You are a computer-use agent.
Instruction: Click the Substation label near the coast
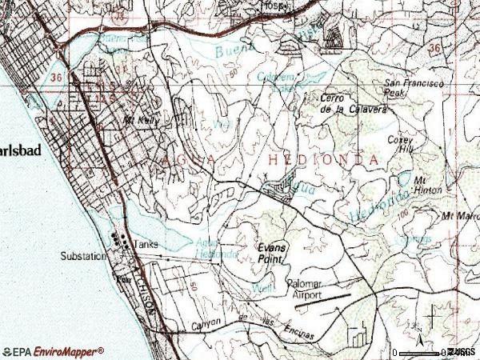point(82,257)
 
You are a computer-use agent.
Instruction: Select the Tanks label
point(146,245)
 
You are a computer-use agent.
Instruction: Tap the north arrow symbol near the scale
point(417,328)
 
